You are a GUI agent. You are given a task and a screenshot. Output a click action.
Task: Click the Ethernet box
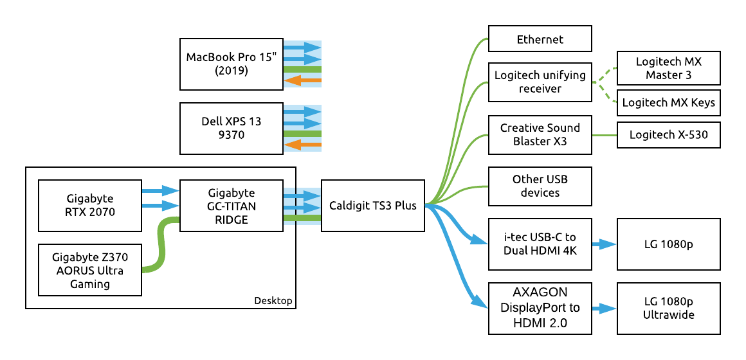point(540,39)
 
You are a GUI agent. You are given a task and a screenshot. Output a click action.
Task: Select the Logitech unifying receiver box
point(540,82)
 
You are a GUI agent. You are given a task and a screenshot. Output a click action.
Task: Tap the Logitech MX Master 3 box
point(668,69)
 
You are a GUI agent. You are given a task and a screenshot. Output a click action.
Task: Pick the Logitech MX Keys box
point(668,103)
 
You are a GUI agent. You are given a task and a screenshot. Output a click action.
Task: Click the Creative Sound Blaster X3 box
point(540,134)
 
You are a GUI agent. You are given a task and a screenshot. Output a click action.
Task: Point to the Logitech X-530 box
point(668,135)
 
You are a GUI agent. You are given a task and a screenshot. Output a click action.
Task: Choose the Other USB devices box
point(540,186)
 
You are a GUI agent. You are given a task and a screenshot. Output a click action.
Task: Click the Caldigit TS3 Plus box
point(372,206)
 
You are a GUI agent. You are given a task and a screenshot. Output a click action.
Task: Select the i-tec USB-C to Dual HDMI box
point(540,244)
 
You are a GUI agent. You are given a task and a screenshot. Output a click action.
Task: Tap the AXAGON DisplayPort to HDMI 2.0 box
point(540,308)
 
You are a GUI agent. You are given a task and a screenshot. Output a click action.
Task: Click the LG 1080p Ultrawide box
point(668,308)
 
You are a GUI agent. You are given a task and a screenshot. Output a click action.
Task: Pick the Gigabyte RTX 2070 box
point(90,206)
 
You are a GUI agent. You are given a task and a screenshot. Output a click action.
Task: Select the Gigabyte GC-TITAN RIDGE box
point(231,206)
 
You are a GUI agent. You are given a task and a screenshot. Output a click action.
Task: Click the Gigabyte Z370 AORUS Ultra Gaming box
point(90,270)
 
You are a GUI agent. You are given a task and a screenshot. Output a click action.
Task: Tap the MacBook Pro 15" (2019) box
point(231,64)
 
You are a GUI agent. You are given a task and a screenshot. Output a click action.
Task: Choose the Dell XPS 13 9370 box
point(231,129)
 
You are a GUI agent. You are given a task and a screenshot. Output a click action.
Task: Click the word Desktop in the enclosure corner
point(273,300)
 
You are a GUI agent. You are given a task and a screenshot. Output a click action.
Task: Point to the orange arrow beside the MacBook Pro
point(302,81)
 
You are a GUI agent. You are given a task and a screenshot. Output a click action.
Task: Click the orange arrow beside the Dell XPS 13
point(302,145)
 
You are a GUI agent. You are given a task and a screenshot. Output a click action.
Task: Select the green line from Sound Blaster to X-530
point(604,135)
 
